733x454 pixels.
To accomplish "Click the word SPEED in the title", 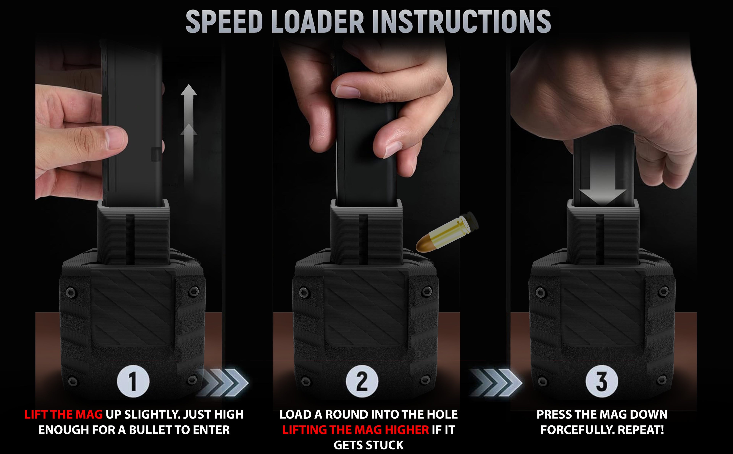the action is tap(224, 21).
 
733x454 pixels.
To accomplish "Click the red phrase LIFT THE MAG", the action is tap(64, 415).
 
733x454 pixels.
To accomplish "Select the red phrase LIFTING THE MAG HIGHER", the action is tap(356, 430).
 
